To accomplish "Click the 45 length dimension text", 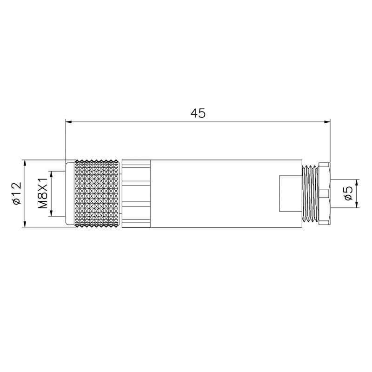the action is [198, 113].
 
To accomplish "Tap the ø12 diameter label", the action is [17, 193].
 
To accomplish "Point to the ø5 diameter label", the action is [348, 193].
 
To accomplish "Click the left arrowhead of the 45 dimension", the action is [68, 122].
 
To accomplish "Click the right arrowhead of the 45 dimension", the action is [327, 122].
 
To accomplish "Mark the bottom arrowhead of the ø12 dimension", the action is [25, 225].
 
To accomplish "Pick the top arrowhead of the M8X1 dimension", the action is [51, 174].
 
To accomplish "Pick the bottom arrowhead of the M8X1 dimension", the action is [51, 213].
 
